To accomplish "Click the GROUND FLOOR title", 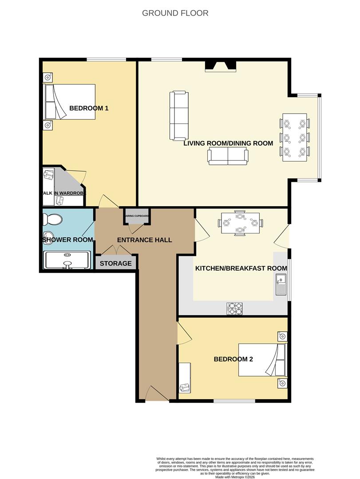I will tap(175, 13).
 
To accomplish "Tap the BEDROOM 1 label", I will tap(89, 108).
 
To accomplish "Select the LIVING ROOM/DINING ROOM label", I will tap(228, 143).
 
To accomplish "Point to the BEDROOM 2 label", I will tap(233, 359).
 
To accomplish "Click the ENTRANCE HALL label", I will tap(144, 240).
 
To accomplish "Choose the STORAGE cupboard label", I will tap(115, 263).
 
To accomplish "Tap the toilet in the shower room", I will tap(52, 220).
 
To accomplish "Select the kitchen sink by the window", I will tap(281, 284).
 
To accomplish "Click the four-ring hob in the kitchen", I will tap(234, 308).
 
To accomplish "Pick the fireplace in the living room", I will tap(220, 67).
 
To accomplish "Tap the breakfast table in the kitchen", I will tap(240, 222).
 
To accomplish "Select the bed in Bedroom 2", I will tap(259, 359).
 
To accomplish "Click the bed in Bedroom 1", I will tap(70, 102).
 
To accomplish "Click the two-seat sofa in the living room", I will tap(228, 157).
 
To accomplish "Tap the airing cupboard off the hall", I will tap(136, 216).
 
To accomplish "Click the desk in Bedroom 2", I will tap(185, 377).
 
